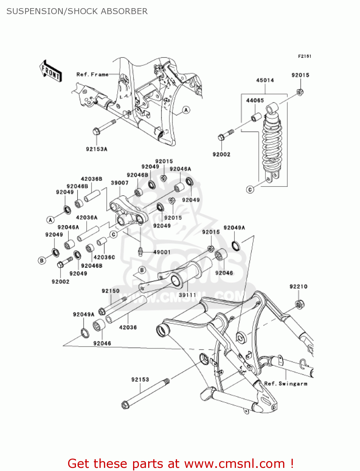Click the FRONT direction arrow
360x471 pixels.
[x=51, y=72]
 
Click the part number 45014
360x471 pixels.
[x=265, y=80]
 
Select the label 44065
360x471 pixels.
[x=255, y=100]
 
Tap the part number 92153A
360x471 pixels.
[x=97, y=149]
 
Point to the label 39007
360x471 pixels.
[x=120, y=183]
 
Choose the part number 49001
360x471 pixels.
[x=162, y=252]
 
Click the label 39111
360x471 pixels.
[x=187, y=295]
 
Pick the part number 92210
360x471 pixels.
[x=298, y=287]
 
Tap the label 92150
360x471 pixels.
[x=110, y=291]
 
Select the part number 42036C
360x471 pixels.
[x=104, y=257]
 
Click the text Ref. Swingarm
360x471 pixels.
[x=286, y=384]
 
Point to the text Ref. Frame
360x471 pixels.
[x=92, y=74]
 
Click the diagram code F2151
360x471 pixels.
[x=304, y=56]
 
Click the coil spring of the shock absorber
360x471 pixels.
[x=272, y=141]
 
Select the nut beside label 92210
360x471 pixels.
[x=299, y=304]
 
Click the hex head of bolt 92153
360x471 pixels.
[x=125, y=405]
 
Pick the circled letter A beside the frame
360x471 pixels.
[x=186, y=110]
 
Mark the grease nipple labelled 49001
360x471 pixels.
[x=141, y=252]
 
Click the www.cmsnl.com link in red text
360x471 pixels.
[x=234, y=464]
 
